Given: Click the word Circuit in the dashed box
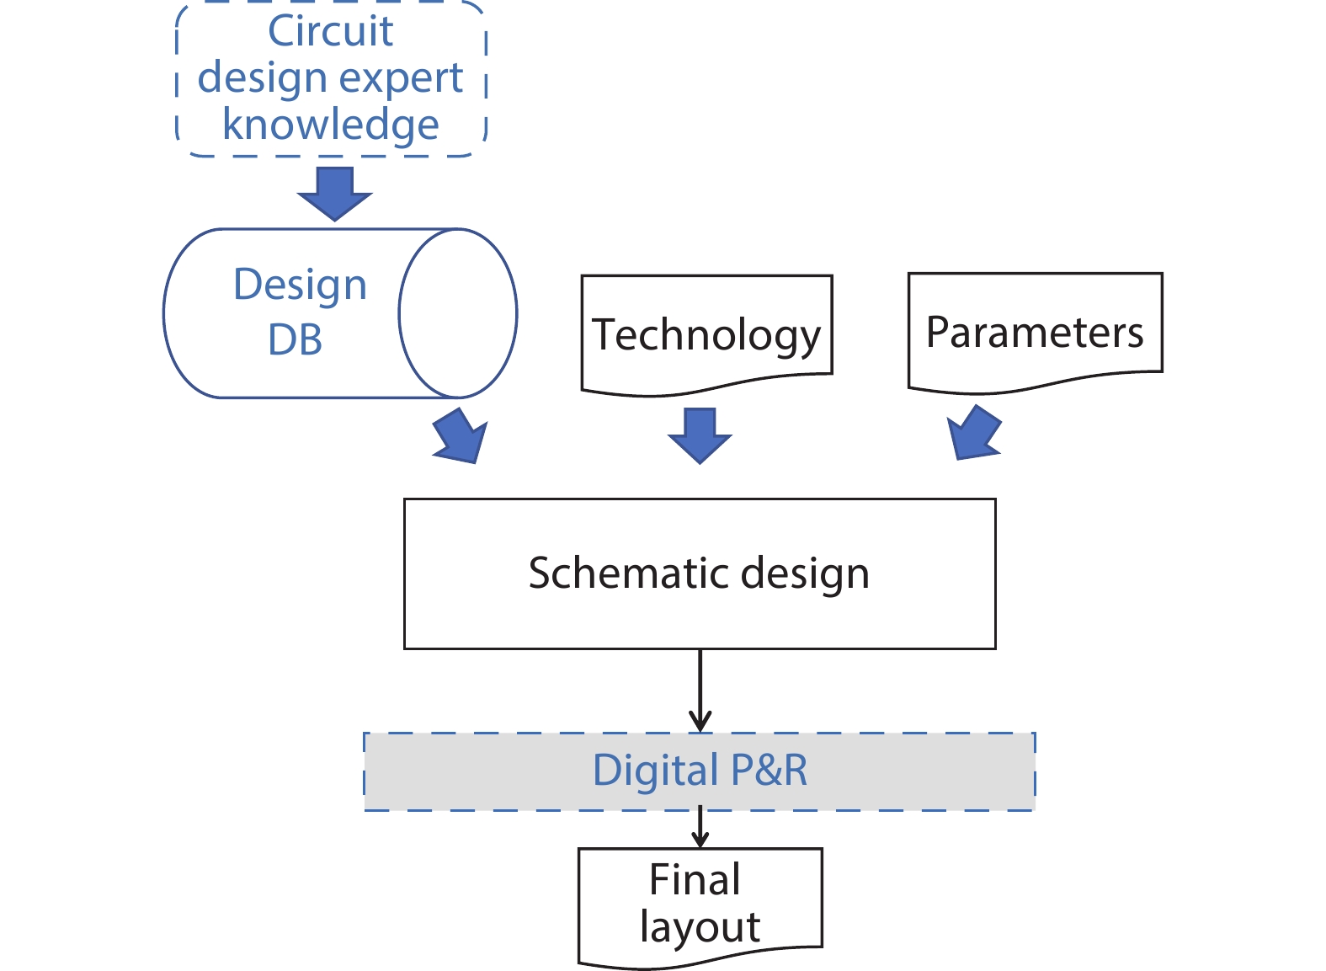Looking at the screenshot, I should tap(330, 32).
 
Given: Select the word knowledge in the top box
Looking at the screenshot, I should tap(330, 125).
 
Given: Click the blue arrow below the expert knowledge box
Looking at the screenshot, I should tap(334, 193).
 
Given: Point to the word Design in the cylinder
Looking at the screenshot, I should tap(300, 285).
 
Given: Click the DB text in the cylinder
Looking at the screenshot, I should tap(295, 340).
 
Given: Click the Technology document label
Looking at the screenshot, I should tap(706, 335).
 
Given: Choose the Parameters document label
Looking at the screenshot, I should tap(1035, 332).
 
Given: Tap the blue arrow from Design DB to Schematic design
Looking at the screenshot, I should tap(461, 435).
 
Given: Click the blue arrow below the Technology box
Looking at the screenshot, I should tap(700, 435).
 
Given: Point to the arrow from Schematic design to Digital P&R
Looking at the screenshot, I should tap(700, 691).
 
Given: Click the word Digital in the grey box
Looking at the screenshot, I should tap(655, 771).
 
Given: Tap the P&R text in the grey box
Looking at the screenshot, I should tap(769, 771).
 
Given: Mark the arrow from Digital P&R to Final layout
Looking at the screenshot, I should tap(700, 828).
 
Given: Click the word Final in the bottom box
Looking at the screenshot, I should tap(695, 879).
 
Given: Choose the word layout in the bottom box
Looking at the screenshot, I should tap(700, 926).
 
